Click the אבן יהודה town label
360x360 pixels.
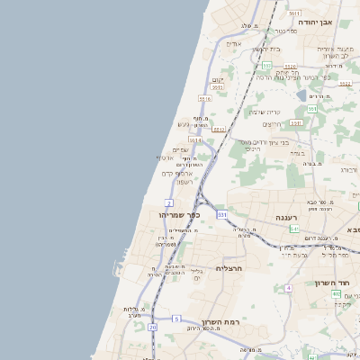[339, 21]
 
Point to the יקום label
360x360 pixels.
[216, 79]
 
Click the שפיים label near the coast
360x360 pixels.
[180, 149]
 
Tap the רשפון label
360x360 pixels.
[184, 182]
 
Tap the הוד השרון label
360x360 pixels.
[332, 283]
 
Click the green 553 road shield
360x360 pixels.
[311, 109]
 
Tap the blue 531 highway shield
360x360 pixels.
[221, 215]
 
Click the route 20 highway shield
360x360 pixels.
[153, 328]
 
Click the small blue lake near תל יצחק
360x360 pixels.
[300, 94]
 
